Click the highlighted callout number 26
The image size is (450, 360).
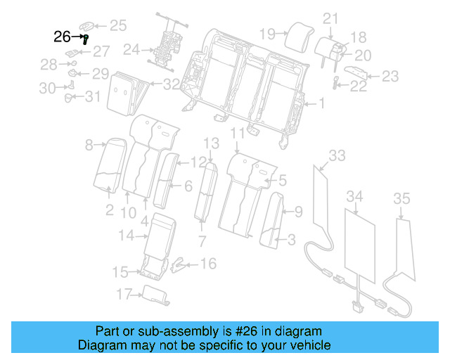(x=62, y=37)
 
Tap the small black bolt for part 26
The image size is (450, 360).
(x=85, y=39)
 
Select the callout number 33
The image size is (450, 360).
(x=337, y=155)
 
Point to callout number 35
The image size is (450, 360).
(x=401, y=199)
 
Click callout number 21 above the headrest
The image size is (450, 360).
(x=330, y=18)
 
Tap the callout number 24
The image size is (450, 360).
(x=131, y=50)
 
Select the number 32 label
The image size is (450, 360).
(x=171, y=85)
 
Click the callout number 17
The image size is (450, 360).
(x=124, y=294)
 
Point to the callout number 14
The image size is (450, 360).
(x=125, y=236)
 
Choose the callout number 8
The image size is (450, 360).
(x=90, y=146)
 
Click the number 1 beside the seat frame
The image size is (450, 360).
(x=322, y=105)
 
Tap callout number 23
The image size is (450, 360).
(x=390, y=76)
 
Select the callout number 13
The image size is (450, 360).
(x=212, y=144)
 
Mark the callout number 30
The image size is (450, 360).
(x=47, y=88)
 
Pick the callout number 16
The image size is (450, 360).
(x=209, y=264)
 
